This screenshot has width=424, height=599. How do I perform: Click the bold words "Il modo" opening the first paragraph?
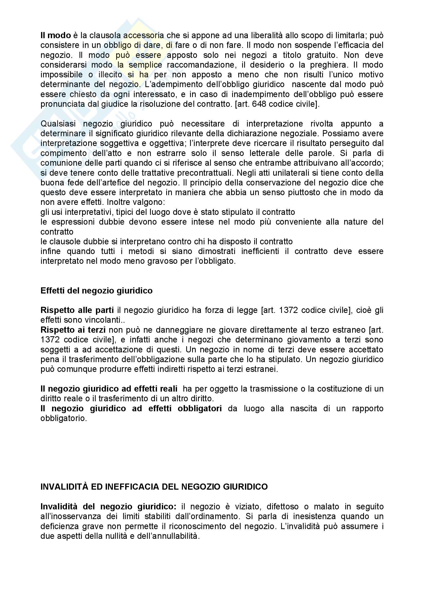pos(56,35)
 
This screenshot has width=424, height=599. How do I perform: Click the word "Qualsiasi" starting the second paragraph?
pos(58,124)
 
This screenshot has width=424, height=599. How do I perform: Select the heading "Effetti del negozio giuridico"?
pos(96,291)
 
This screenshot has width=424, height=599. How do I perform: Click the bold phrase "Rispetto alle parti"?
pos(77,310)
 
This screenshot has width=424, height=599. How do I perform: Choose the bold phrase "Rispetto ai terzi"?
pos(73,330)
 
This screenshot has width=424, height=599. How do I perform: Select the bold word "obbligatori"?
pos(200,408)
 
